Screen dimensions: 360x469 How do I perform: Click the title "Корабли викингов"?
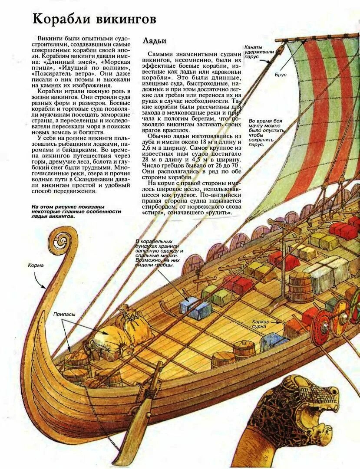94,19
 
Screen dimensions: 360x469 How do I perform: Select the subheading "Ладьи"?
155,41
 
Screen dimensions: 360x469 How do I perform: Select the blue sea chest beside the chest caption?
195,308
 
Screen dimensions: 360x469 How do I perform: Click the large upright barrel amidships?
300,287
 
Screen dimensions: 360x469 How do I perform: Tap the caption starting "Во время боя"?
267,132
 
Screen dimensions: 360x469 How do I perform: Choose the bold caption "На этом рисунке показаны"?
76,211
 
